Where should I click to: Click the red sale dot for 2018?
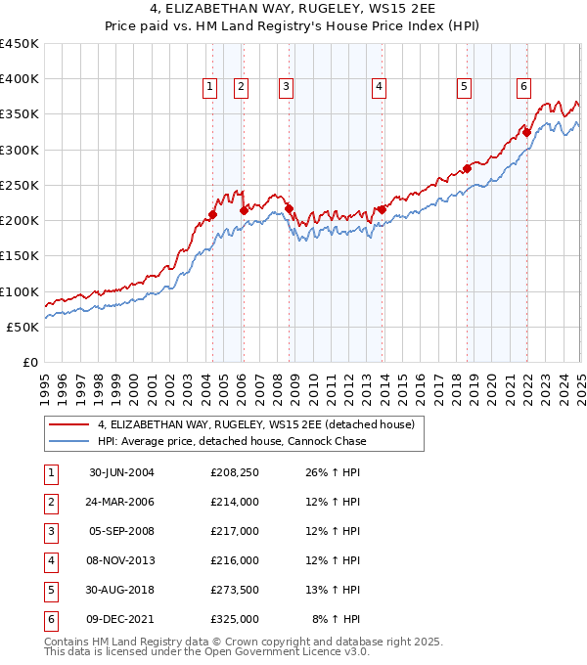(x=467, y=168)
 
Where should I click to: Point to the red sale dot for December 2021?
(x=526, y=132)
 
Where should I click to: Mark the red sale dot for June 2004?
(x=212, y=214)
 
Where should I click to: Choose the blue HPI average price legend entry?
(x=232, y=442)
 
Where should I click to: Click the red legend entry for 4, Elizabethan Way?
(x=256, y=424)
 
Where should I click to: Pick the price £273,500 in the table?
(x=235, y=590)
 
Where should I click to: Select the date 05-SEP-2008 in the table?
(x=121, y=531)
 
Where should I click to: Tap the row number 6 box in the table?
(x=50, y=619)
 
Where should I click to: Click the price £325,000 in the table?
(x=235, y=619)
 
